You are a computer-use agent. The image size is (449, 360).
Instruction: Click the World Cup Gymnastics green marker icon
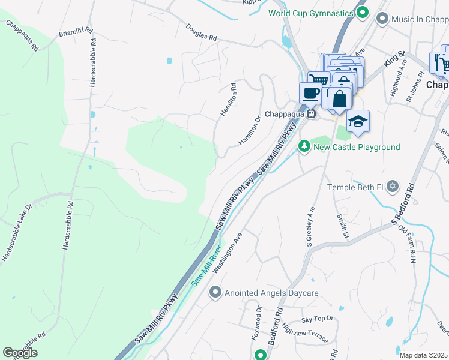[362, 12]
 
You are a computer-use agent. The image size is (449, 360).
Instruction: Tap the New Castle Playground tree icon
[304, 146]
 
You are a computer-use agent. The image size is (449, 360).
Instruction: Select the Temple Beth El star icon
[393, 187]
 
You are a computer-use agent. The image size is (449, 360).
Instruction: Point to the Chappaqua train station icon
[311, 113]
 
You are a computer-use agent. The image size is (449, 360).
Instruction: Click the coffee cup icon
[311, 94]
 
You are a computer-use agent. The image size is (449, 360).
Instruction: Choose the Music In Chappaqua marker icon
[382, 19]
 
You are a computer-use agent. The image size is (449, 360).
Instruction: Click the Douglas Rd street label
[201, 32]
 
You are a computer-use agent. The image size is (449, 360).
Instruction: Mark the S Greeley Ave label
[310, 227]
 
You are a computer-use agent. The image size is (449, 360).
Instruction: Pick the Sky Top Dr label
[317, 322]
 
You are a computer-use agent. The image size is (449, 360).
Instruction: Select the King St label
[396, 59]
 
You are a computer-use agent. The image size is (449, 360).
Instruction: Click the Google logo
[20, 352]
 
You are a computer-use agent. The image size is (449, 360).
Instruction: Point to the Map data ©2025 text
[423, 355]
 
